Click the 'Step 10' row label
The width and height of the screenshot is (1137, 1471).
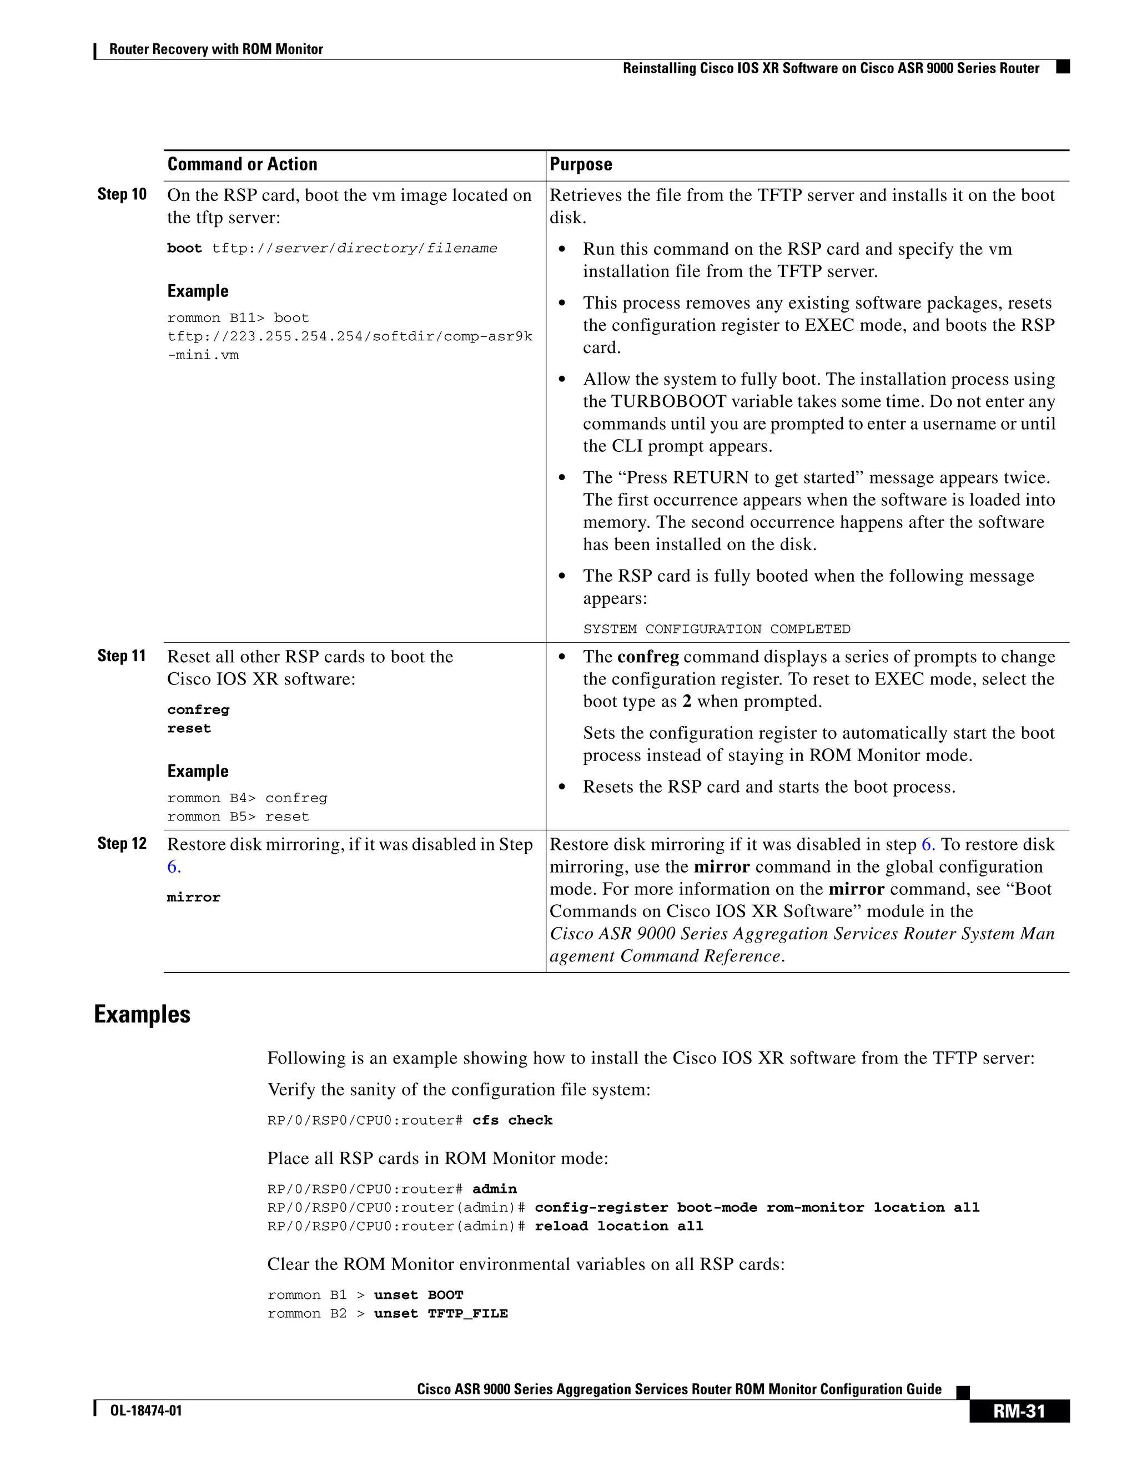coord(122,195)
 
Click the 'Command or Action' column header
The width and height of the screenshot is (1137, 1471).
coord(242,164)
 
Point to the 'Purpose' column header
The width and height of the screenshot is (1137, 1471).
coord(581,164)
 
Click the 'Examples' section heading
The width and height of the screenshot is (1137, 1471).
coord(142,1014)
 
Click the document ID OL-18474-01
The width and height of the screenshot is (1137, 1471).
coord(145,1410)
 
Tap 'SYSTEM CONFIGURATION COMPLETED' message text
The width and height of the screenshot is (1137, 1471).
coord(716,629)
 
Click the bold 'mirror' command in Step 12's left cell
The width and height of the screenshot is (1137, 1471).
coord(193,897)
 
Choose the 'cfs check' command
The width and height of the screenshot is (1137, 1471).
coord(512,1120)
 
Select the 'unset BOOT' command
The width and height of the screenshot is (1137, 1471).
coord(418,1294)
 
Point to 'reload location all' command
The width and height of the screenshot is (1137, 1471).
coord(618,1226)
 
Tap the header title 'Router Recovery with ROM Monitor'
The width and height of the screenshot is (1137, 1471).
coord(215,49)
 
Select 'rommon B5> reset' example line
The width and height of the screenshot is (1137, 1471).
coord(238,817)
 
